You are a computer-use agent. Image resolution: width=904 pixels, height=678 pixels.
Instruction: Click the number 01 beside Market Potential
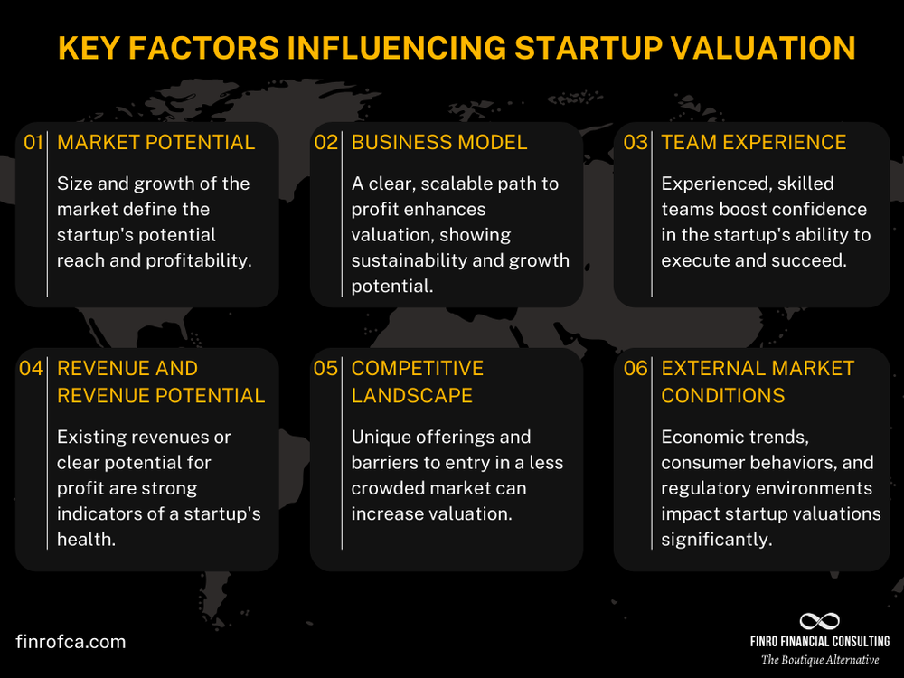tap(33, 143)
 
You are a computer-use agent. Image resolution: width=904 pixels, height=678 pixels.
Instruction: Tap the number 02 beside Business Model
tap(325, 143)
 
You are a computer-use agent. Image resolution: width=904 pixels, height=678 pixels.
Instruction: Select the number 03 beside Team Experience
tap(636, 143)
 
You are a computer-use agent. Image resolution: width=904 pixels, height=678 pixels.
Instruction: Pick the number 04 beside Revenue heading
tap(32, 369)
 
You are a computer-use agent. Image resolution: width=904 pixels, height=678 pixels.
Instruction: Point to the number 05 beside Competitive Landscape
tap(325, 369)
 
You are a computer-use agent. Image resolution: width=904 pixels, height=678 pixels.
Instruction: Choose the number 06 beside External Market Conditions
tap(636, 369)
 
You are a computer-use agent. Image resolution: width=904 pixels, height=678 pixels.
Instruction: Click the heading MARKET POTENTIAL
tap(155, 143)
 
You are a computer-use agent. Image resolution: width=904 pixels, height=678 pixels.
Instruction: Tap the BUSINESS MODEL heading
tap(439, 143)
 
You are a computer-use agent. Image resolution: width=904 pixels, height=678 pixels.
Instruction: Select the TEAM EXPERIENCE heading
tap(754, 143)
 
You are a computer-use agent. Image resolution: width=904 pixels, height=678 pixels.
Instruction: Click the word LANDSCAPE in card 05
tap(412, 396)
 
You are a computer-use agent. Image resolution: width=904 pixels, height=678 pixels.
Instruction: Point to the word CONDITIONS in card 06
tap(723, 396)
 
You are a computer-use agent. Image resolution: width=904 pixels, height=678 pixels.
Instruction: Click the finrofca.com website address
tap(71, 642)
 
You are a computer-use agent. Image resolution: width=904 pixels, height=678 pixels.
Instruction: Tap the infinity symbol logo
tap(820, 622)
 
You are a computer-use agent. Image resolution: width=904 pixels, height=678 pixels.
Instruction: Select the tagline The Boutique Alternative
tap(820, 660)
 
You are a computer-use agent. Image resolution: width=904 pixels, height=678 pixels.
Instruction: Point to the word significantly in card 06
tap(717, 540)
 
